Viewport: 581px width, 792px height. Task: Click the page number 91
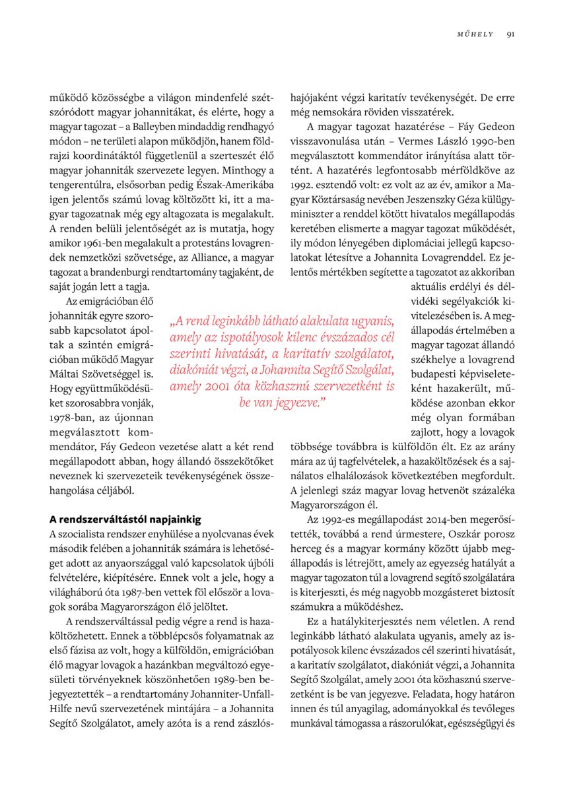tap(510, 35)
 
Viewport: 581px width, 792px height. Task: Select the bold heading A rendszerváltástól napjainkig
tap(125, 519)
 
